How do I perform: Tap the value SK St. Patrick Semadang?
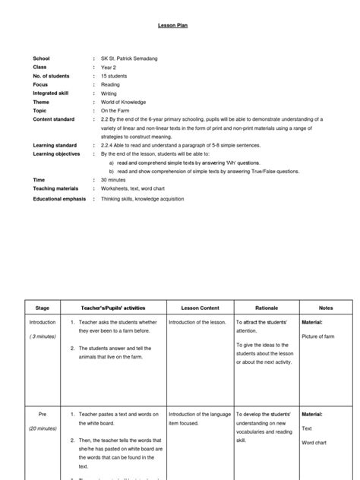tap(128, 58)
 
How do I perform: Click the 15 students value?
tap(115, 76)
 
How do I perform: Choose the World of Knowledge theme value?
tap(124, 102)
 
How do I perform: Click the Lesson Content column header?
tap(200, 308)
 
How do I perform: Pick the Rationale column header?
tap(266, 308)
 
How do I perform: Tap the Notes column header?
tap(327, 308)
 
